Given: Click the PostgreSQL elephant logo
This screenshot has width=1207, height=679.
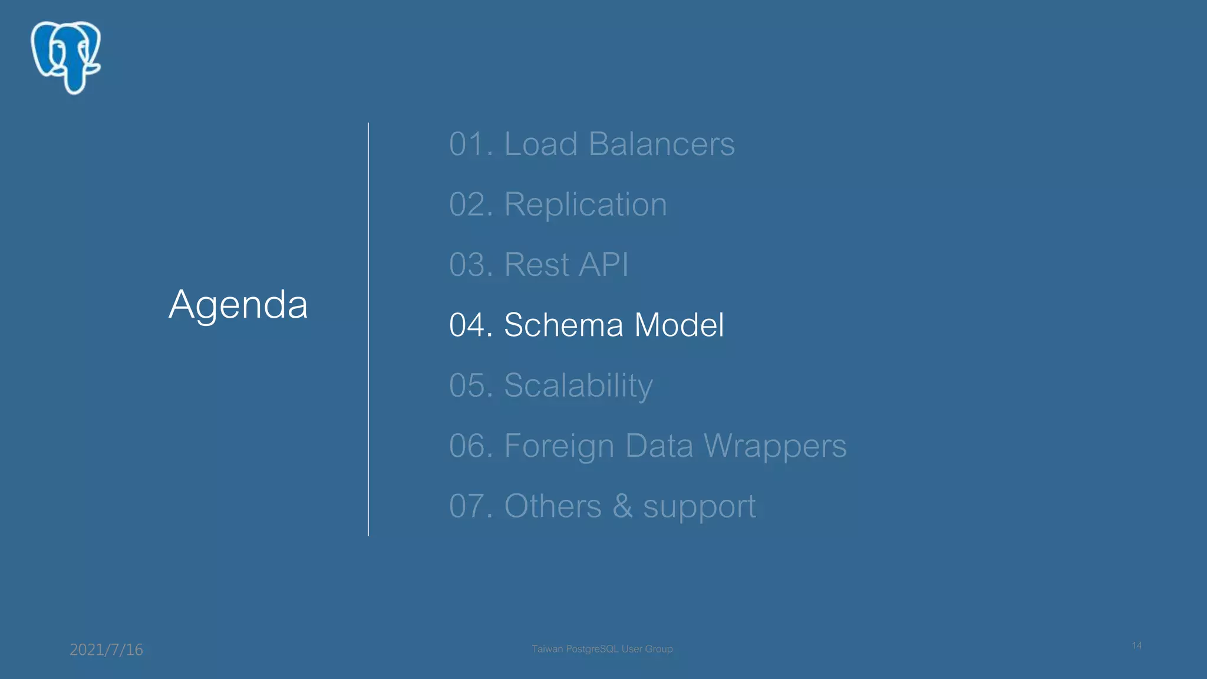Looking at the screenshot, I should [66, 57].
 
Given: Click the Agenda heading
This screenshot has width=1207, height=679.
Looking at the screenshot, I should [238, 305].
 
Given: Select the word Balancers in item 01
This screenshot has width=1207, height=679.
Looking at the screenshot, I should [661, 144].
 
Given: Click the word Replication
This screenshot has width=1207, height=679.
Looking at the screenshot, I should [585, 205].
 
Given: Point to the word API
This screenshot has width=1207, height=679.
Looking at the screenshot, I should [603, 265].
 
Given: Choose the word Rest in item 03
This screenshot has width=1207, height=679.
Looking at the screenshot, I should [536, 265].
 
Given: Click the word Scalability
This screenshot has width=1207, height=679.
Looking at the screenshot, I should [578, 385].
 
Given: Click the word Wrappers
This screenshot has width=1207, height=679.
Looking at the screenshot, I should [775, 446].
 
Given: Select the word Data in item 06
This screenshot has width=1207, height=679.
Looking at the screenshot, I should [659, 446].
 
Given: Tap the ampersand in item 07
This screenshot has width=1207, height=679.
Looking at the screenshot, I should [622, 506].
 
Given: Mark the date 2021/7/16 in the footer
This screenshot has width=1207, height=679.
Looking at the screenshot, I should [106, 650].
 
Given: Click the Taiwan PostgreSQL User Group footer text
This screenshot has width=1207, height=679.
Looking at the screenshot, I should [602, 649].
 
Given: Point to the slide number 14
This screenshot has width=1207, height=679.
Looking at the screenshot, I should [1136, 646].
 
